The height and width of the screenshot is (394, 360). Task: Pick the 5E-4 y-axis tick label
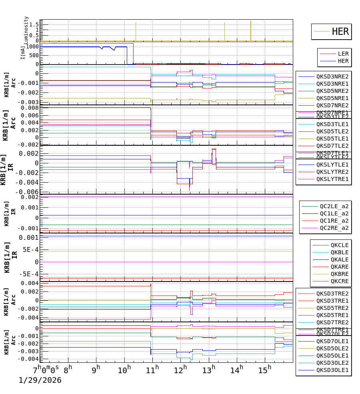click(x=30, y=249)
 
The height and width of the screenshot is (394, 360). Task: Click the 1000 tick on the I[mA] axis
click(x=32, y=46)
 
